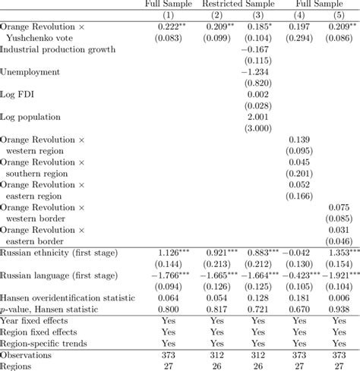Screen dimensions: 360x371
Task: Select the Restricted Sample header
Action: [238, 4]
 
